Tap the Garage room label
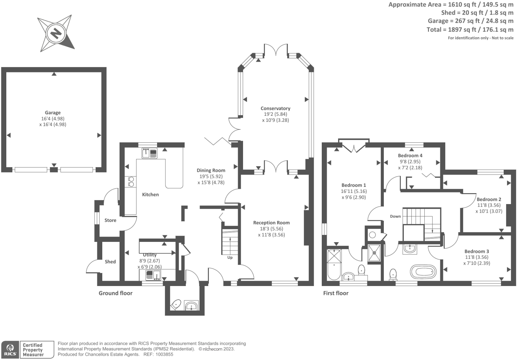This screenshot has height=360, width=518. [53, 113]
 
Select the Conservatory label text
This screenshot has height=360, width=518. [275, 108]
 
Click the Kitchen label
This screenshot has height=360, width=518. [150, 194]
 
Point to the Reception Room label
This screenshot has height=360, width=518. [272, 223]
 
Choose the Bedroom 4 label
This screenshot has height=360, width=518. [410, 156]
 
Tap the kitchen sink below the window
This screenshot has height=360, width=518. [149, 153]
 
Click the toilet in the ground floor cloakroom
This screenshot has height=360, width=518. [176, 305]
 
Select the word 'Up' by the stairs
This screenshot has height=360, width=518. [230, 257]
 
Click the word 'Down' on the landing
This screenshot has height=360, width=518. [395, 216]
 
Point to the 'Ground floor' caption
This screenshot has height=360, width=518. [116, 293]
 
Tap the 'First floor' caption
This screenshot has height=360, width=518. [336, 293]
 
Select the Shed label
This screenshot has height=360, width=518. [110, 262]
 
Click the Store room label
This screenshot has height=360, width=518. [110, 220]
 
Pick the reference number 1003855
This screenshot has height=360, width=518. [164, 354]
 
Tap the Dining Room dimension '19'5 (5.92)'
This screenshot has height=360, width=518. [211, 177]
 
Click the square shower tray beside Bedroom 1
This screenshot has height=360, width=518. [374, 253]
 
